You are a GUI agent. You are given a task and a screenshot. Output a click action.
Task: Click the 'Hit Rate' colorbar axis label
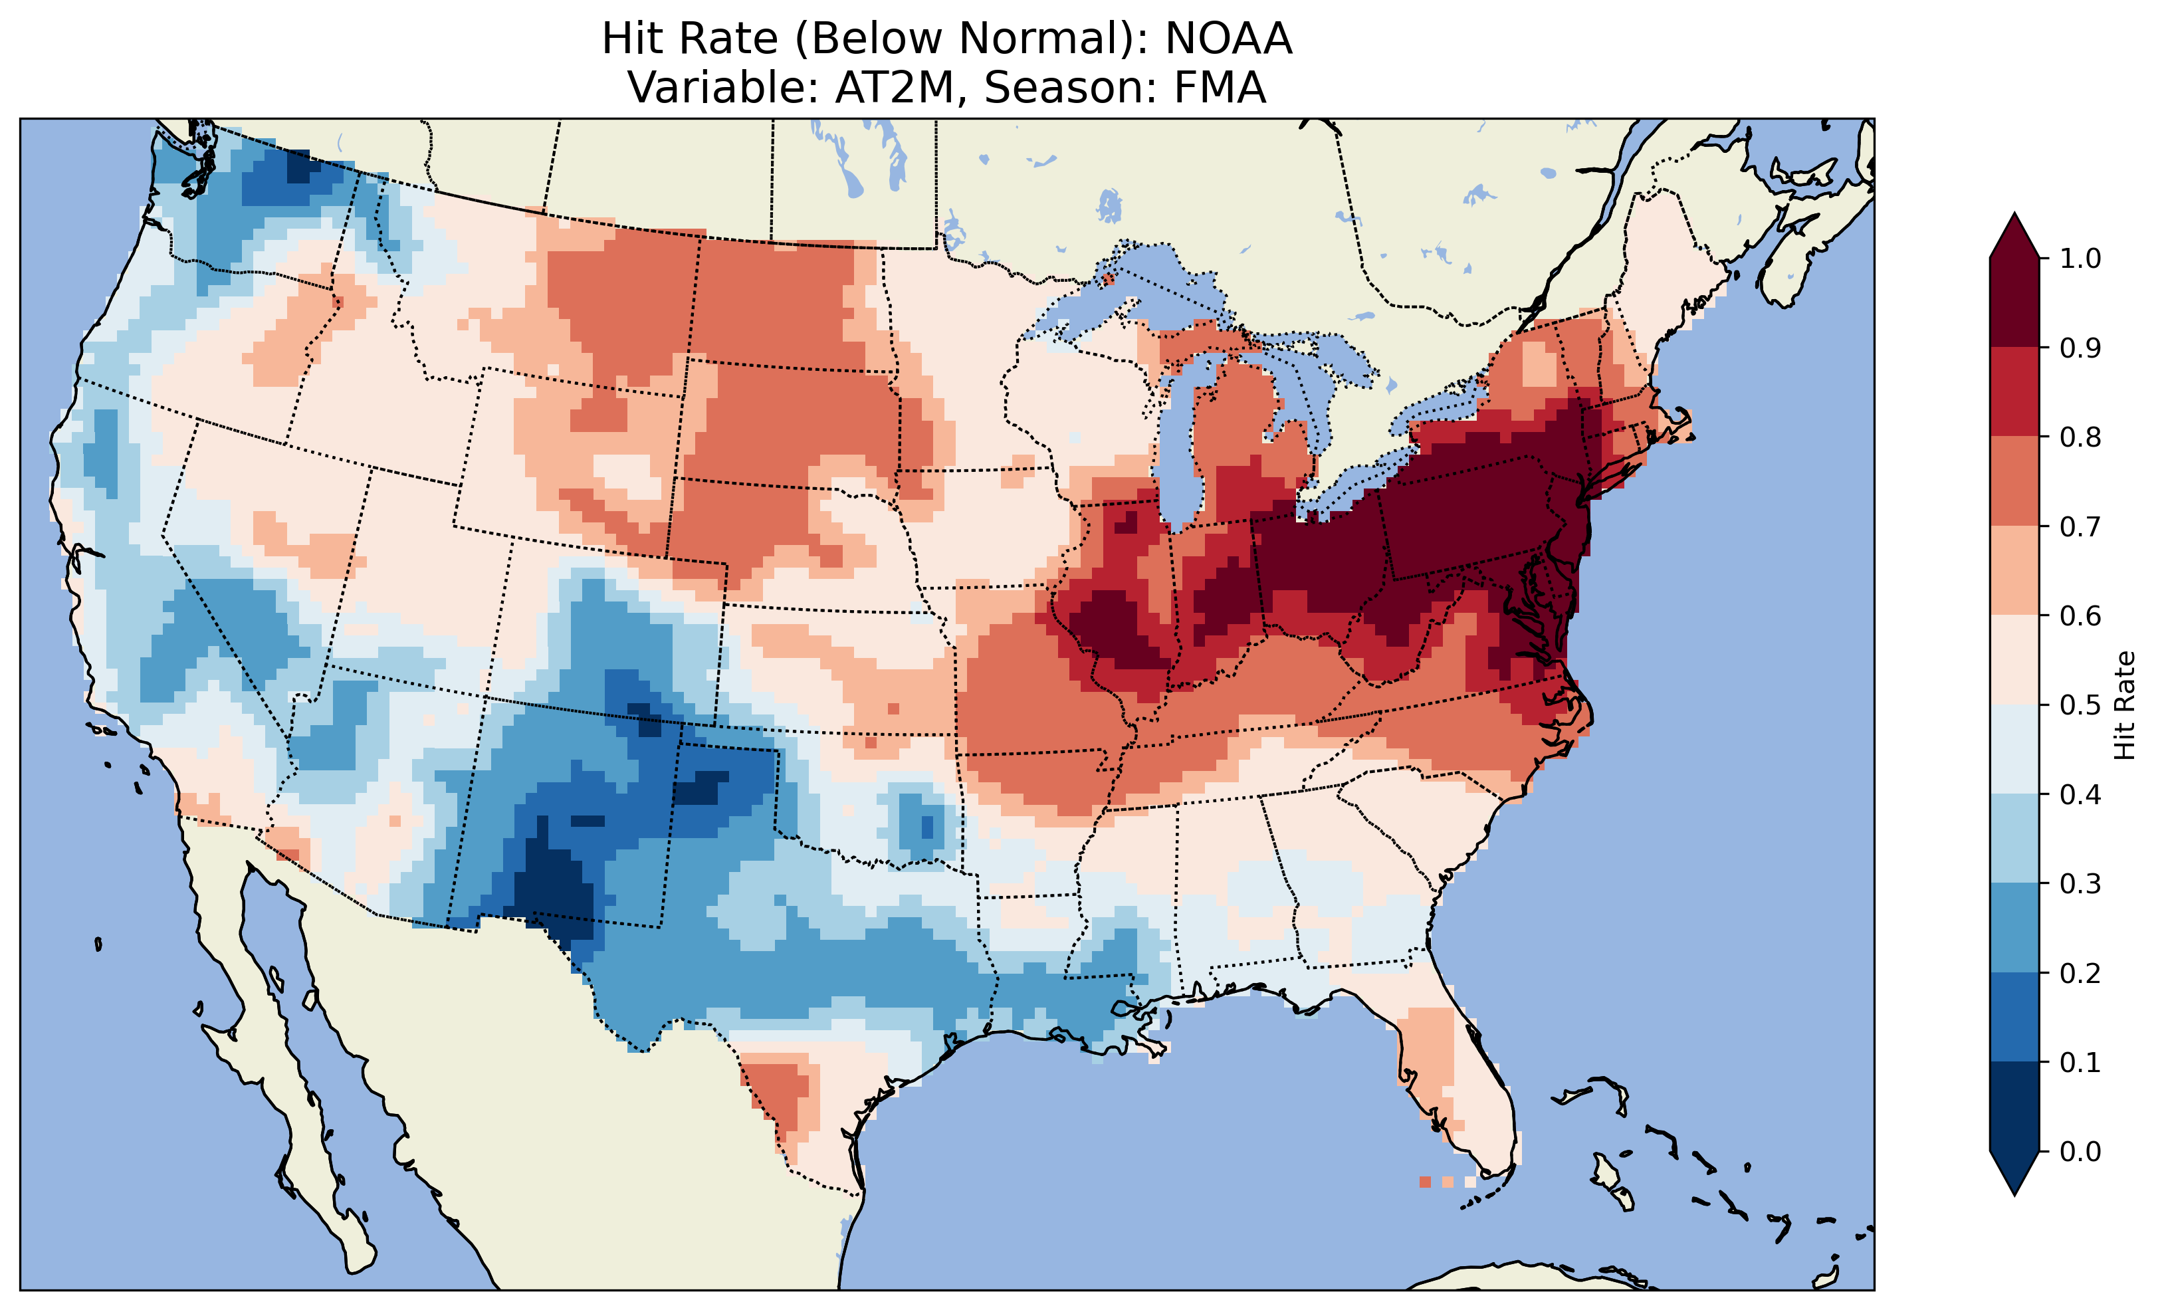point(2124,705)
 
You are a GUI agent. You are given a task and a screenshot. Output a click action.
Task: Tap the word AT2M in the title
point(893,88)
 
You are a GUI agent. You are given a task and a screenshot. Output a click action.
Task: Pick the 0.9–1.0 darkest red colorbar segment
point(2014,302)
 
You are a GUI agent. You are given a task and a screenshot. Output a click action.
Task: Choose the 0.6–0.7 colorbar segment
point(2014,571)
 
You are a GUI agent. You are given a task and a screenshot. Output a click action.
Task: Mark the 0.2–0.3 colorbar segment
point(2014,928)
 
